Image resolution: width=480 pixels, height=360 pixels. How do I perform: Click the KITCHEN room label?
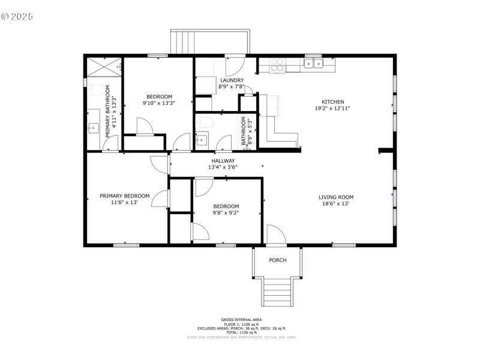(x=334, y=102)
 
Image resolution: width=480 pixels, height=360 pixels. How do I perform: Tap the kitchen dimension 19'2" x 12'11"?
(x=334, y=109)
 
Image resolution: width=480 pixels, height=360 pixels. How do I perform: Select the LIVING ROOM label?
(x=335, y=197)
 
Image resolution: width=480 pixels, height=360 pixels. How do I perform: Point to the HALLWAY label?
(x=223, y=161)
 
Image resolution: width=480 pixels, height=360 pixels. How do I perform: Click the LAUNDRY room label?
(x=232, y=80)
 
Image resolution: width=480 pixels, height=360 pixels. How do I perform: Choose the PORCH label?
(x=277, y=260)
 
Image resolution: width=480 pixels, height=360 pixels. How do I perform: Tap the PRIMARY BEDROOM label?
(x=124, y=196)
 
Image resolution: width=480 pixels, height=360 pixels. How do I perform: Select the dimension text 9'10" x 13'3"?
(x=159, y=103)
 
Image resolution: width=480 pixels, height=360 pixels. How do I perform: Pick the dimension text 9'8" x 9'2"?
(x=226, y=212)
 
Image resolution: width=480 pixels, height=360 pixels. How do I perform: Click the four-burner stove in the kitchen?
(x=277, y=64)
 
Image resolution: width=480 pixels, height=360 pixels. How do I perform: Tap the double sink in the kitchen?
(x=313, y=63)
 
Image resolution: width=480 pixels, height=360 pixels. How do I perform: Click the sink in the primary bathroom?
(x=93, y=128)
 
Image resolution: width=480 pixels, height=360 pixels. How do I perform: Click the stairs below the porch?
(x=277, y=292)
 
